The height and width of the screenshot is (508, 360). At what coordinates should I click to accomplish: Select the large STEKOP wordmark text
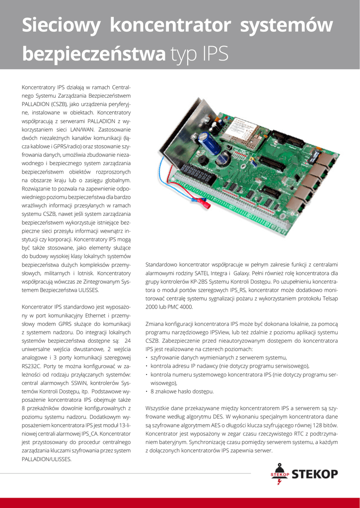pos(314,474)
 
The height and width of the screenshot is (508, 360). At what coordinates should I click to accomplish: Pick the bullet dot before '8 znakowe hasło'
pos(147,391)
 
